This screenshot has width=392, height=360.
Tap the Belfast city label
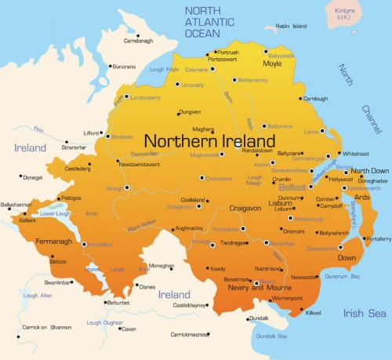pyautogui.click(x=292, y=188)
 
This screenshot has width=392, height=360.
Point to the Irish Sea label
pyautogui.click(x=365, y=313)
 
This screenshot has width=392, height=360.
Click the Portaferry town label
pyautogui.click(x=378, y=238)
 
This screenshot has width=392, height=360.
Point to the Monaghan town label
pyautogui.click(x=162, y=266)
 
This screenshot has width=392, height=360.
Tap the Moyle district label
pyautogui.click(x=271, y=63)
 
